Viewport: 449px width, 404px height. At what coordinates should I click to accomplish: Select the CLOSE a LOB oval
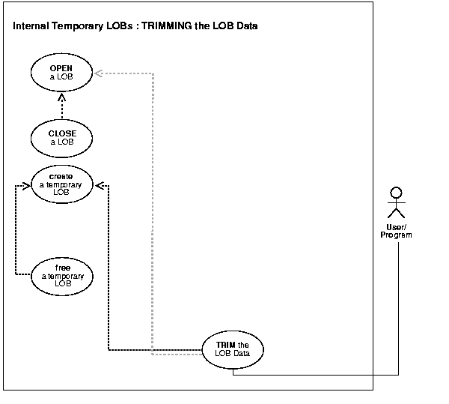[x=62, y=138]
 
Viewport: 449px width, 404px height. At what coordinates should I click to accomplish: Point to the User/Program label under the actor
[x=397, y=230]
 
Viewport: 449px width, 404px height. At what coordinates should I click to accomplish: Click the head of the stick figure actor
[x=397, y=191]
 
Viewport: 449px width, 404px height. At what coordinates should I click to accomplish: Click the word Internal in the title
[x=33, y=26]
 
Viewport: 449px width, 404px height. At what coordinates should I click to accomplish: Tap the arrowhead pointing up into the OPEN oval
[x=62, y=94]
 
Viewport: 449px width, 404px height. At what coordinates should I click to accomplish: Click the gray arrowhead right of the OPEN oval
[x=100, y=73]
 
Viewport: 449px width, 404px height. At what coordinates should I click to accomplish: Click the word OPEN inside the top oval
[x=62, y=67]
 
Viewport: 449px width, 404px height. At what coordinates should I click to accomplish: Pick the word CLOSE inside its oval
[x=62, y=133]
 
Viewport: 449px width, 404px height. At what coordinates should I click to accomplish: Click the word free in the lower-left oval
[x=63, y=267]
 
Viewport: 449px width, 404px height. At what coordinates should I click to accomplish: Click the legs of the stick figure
[x=397, y=214]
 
